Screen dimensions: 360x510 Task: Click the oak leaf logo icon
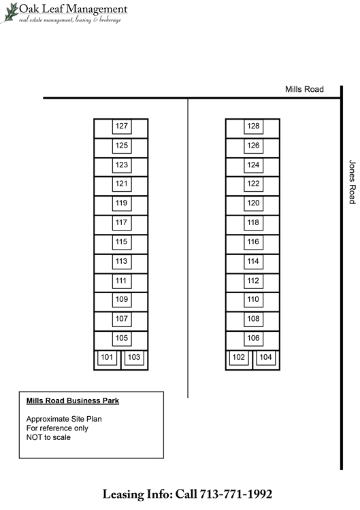click(10, 13)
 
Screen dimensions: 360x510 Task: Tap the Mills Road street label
click(304, 89)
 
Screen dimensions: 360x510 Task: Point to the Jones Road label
click(352, 182)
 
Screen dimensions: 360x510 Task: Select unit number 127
click(122, 126)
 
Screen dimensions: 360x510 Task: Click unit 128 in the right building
click(253, 126)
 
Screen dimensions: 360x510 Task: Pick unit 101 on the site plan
click(107, 357)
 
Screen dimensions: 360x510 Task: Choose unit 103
click(134, 357)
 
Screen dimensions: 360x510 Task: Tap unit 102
click(239, 357)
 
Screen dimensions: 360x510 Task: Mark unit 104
click(265, 357)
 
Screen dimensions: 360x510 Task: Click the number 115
click(122, 241)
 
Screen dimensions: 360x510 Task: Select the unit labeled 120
click(253, 203)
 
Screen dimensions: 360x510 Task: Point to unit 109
click(122, 299)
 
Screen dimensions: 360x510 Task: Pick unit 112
click(253, 281)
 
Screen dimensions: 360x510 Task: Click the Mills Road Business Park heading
click(73, 401)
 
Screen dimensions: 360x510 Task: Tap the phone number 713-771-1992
click(236, 494)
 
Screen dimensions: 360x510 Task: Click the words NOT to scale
click(48, 437)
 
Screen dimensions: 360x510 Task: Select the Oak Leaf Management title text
click(73, 9)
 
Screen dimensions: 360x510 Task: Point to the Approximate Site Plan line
click(64, 419)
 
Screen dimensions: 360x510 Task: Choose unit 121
click(122, 184)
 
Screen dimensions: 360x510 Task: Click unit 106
click(253, 338)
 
